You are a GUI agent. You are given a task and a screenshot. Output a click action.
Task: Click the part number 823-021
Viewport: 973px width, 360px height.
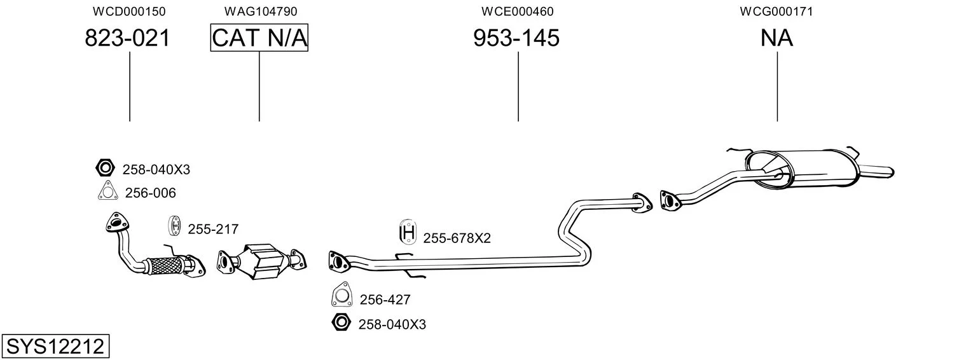(128, 39)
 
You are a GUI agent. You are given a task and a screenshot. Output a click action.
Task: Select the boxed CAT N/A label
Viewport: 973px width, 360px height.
(259, 38)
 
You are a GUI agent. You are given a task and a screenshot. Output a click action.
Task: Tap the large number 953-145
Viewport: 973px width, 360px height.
(516, 39)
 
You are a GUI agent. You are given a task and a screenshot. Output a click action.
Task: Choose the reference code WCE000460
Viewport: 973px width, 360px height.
(518, 11)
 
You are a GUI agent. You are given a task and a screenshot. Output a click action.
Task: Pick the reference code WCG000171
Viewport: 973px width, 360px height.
(777, 11)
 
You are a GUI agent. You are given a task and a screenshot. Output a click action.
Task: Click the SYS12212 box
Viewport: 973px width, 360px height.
(55, 347)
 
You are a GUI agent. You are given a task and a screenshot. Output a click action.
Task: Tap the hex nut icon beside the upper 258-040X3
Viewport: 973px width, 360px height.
(104, 168)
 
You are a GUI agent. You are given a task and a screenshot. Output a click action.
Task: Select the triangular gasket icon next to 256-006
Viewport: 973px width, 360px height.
(108, 191)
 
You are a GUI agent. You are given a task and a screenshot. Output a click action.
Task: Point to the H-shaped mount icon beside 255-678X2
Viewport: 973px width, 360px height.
(408, 233)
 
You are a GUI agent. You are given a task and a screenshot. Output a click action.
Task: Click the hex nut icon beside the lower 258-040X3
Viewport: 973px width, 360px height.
(342, 322)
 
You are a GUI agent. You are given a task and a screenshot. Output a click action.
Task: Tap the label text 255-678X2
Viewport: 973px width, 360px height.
(457, 239)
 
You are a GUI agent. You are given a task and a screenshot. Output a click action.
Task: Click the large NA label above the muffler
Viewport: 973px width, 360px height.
(776, 39)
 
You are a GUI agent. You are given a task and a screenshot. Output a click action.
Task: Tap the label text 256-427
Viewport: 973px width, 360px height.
(385, 300)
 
